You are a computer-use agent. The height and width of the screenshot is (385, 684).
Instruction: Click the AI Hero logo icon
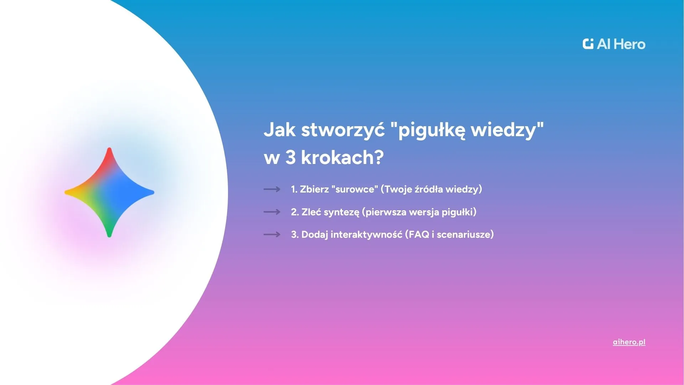click(588, 44)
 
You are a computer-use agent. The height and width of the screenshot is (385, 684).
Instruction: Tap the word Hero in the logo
click(630, 44)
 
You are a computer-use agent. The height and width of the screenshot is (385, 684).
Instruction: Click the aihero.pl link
click(629, 342)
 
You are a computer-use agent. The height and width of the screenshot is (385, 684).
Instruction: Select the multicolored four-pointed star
click(109, 192)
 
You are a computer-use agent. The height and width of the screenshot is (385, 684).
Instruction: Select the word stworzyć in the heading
click(343, 130)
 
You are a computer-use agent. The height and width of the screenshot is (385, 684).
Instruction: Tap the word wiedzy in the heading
click(503, 130)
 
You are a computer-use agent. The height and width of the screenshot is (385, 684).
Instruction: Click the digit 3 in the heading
click(290, 158)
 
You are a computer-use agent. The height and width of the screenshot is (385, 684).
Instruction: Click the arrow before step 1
click(272, 189)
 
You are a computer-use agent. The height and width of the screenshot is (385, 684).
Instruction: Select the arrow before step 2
click(272, 212)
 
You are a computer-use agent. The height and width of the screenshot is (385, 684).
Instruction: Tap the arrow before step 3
click(272, 235)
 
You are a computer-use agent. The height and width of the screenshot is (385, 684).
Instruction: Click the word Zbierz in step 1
click(314, 189)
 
